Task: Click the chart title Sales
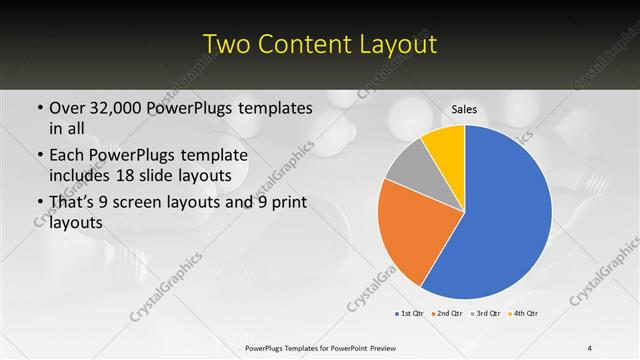click(465, 108)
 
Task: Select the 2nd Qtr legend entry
click(448, 315)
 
